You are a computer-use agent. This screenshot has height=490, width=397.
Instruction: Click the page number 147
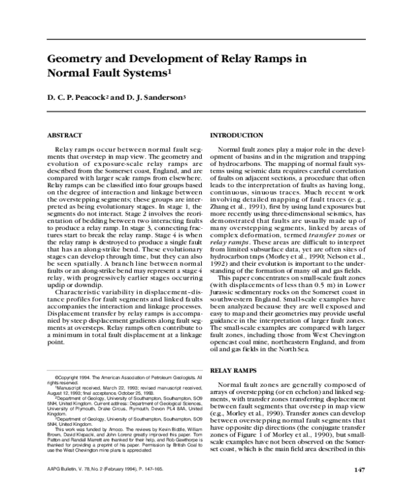(x=359, y=470)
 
